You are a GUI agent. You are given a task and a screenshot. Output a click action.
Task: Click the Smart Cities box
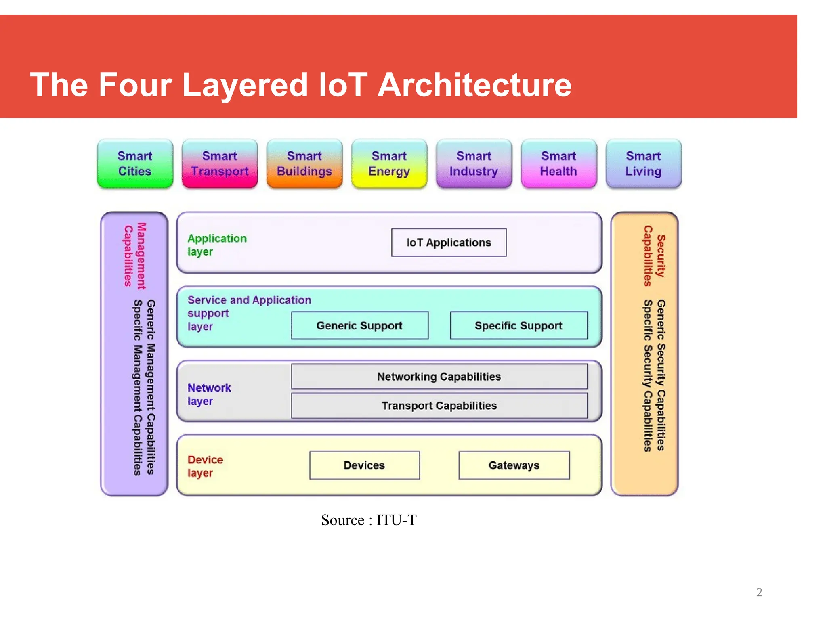pos(135,163)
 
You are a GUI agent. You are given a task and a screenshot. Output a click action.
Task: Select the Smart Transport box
pos(220,163)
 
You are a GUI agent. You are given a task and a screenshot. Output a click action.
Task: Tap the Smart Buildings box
pos(304,163)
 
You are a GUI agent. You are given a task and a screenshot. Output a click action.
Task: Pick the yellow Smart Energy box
pos(389,163)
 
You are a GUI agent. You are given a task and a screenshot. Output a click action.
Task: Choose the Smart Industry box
pos(474,163)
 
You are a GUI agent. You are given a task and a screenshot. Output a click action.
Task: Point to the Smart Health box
pos(559,163)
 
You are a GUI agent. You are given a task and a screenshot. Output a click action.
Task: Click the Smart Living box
pos(644,163)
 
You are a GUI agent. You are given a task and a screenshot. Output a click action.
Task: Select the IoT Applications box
pos(449,243)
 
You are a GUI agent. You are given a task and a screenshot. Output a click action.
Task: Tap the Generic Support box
pos(359,325)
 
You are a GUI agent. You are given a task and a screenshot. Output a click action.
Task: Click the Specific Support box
pos(519,325)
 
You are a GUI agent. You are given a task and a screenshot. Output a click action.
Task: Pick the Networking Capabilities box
pos(439,377)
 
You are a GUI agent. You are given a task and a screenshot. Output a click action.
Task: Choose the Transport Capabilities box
pos(439,406)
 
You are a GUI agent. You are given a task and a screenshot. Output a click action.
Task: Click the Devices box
pos(364,465)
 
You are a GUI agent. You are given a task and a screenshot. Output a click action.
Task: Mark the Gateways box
pos(514,465)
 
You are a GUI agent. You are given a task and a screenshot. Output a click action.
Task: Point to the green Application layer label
pos(217,245)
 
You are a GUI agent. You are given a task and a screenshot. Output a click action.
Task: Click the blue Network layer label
pos(209,394)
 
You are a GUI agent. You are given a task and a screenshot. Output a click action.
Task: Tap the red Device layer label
pos(205,466)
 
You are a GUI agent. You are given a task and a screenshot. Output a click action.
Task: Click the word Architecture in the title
pos(474,85)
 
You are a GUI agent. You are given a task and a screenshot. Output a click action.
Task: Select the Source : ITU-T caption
pos(369,520)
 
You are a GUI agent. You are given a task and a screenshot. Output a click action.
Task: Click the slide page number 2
pos(759,592)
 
